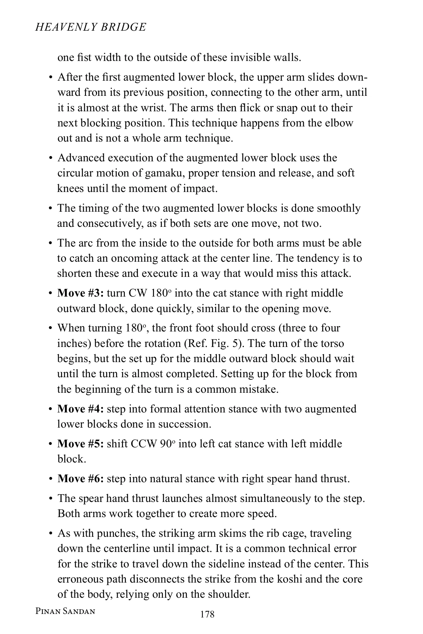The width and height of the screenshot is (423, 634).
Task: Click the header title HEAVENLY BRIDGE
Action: pos(91,27)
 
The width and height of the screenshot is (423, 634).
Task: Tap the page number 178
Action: pos(207,615)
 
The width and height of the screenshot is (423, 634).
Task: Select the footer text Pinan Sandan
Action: pos(66,611)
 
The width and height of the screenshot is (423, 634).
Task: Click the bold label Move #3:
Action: pos(80,293)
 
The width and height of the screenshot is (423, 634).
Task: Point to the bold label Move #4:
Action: pos(80,409)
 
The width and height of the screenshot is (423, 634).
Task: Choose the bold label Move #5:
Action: pos(80,443)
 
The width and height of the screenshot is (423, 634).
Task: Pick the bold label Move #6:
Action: pos(80,479)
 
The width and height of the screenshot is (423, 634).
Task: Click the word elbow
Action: pos(339,123)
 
